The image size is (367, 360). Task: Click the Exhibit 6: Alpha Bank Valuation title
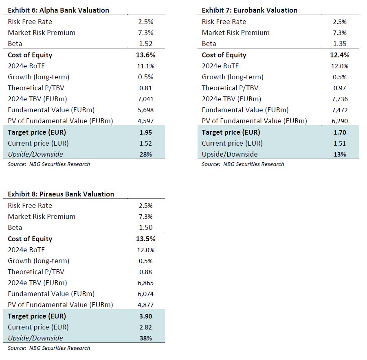coord(58,10)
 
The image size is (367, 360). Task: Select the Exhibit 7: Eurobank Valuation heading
coord(250,10)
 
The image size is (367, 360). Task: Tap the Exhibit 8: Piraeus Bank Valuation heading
coord(61,194)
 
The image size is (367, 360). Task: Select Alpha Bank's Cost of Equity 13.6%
coord(145,55)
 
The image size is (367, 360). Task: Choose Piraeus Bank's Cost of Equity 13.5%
coord(145,239)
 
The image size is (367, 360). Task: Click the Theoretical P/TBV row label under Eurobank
coord(230,88)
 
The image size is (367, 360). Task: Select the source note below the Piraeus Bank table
coord(49,348)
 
